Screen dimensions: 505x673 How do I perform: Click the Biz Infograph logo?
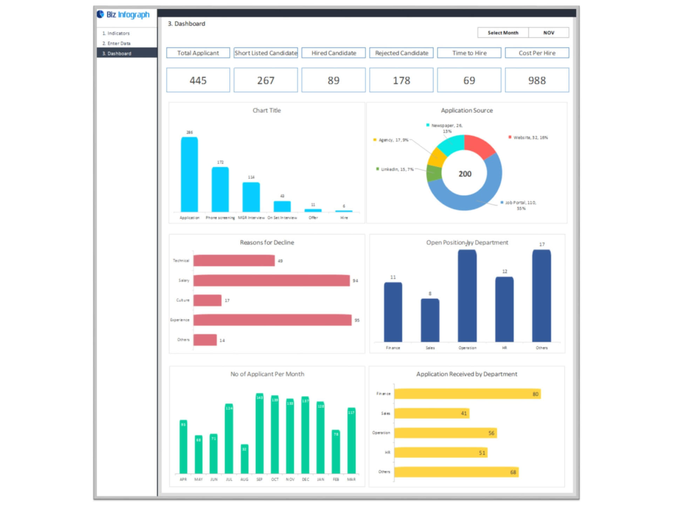pyautogui.click(x=123, y=15)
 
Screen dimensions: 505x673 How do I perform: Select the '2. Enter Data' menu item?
pyautogui.click(x=117, y=43)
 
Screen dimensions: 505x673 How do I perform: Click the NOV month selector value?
pyautogui.click(x=548, y=32)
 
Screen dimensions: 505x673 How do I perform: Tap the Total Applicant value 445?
pyautogui.click(x=198, y=80)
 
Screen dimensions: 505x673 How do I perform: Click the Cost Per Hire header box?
pyautogui.click(x=537, y=53)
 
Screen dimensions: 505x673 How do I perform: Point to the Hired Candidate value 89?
pyautogui.click(x=333, y=80)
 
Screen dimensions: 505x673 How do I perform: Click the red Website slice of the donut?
pyautogui.click(x=479, y=146)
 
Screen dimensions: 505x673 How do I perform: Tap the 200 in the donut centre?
pyautogui.click(x=465, y=174)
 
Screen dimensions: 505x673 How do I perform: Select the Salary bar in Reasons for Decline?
pyautogui.click(x=271, y=281)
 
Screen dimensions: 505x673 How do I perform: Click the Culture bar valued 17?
pyautogui.click(x=207, y=300)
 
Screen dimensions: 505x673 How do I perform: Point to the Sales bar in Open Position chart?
pyautogui.click(x=430, y=320)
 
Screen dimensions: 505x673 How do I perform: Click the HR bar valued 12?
pyautogui.click(x=504, y=309)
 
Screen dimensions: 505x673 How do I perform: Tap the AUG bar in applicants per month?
pyautogui.click(x=244, y=458)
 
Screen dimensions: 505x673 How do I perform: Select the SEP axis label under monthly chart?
pyautogui.click(x=259, y=479)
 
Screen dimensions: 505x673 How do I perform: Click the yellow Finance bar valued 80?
pyautogui.click(x=467, y=393)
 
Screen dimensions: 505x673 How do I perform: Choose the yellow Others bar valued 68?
pyautogui.click(x=456, y=472)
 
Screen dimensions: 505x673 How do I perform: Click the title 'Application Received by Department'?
pyautogui.click(x=466, y=374)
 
